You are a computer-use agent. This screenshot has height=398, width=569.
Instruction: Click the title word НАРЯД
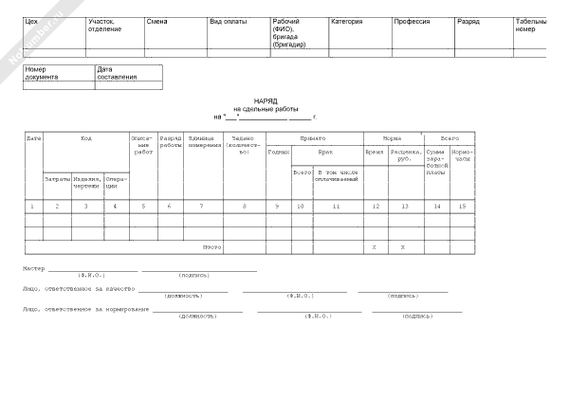pos(266,99)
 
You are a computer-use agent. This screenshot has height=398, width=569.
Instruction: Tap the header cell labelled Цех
pos(30,21)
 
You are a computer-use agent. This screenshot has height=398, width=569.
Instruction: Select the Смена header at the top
pos(157,21)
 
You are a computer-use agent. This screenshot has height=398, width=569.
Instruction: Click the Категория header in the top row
pos(347,21)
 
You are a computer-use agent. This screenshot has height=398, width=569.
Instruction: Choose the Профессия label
pos(412,21)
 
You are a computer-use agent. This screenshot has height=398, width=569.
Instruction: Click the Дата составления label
pos(117,73)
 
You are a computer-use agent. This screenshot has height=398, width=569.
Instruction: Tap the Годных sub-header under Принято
pos(279,151)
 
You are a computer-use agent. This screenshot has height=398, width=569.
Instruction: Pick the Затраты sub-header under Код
pos(56,178)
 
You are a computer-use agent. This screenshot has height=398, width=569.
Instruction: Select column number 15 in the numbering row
pos(462,206)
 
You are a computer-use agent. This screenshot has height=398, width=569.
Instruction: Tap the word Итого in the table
pos(212,246)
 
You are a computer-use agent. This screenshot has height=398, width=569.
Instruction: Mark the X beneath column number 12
pos(375,246)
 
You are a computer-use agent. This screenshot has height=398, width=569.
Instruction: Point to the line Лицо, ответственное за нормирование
pos(86,309)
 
